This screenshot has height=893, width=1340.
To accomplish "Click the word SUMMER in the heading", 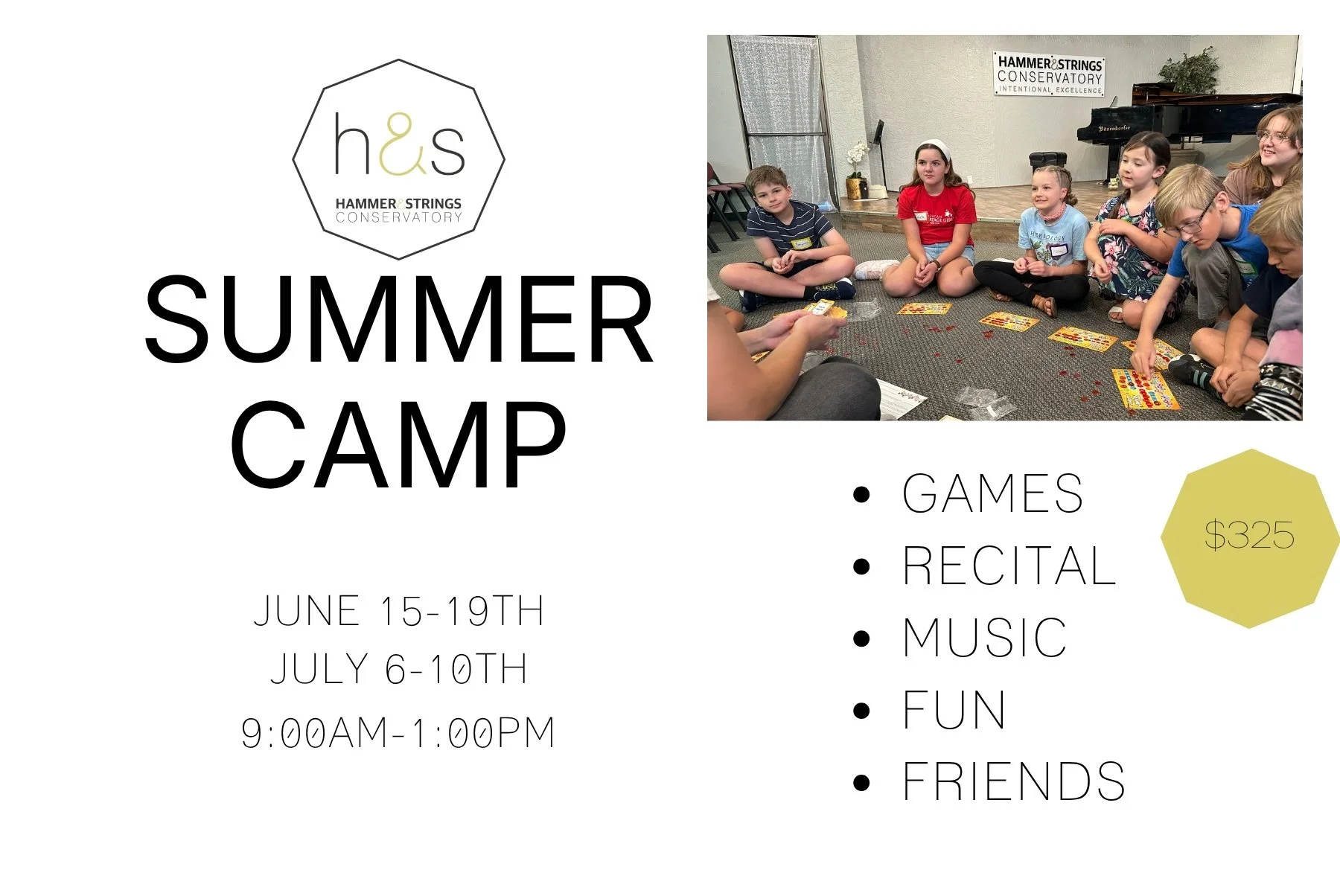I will tap(399, 320).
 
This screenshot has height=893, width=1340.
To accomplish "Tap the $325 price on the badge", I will tap(1249, 536).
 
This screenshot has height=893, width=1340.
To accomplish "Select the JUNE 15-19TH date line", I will tap(399, 611).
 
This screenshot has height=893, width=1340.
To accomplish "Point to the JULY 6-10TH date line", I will tap(399, 669).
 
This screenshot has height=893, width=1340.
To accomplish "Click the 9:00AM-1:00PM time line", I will tap(399, 733).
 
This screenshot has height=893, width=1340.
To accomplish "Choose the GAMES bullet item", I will tap(992, 493).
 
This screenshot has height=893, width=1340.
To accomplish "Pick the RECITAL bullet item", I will tap(1009, 566).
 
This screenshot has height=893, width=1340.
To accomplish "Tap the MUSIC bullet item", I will tap(984, 638).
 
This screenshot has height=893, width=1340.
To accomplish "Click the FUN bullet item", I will tap(954, 710).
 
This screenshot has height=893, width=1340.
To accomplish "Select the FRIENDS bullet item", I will tap(1013, 781).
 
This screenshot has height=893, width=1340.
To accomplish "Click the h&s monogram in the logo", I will tap(399, 145).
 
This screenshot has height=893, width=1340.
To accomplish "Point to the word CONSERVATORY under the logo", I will tap(399, 218).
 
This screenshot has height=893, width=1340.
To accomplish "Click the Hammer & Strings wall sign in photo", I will tap(1050, 75).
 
